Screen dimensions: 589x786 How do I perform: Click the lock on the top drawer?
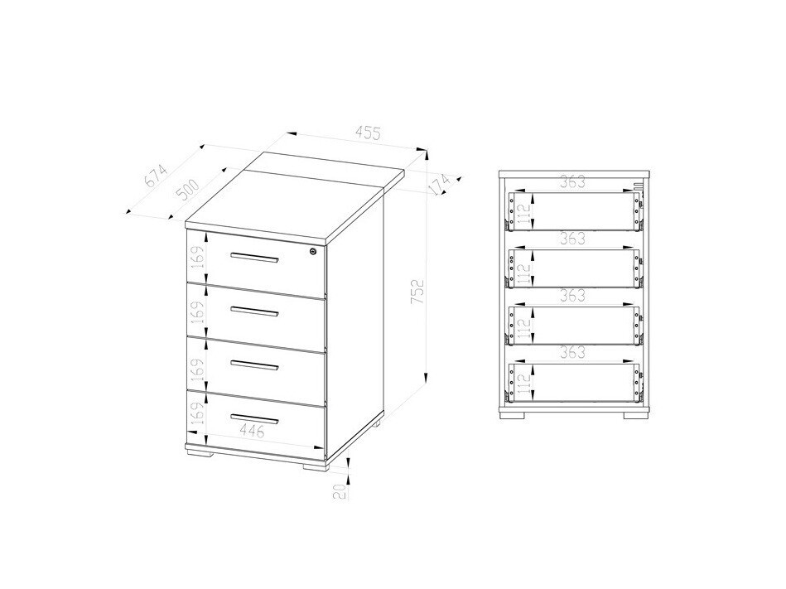312,252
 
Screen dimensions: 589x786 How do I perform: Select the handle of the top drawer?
254,258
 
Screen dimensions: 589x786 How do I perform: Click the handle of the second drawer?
254,311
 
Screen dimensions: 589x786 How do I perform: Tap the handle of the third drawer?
254,364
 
